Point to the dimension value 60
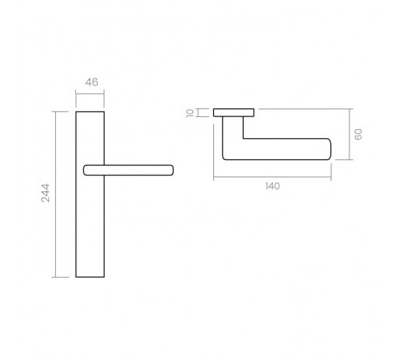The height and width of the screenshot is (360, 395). point(358,135)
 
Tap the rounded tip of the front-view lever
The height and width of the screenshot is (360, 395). point(174,168)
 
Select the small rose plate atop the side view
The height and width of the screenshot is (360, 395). point(234,111)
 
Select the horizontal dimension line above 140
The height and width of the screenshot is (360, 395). point(274,177)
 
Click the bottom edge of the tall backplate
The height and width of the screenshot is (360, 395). point(92,277)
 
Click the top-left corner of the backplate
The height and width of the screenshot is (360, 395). point(77,111)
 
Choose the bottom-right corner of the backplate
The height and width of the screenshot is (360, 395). point(107,277)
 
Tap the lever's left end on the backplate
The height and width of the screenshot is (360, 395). point(85,168)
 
